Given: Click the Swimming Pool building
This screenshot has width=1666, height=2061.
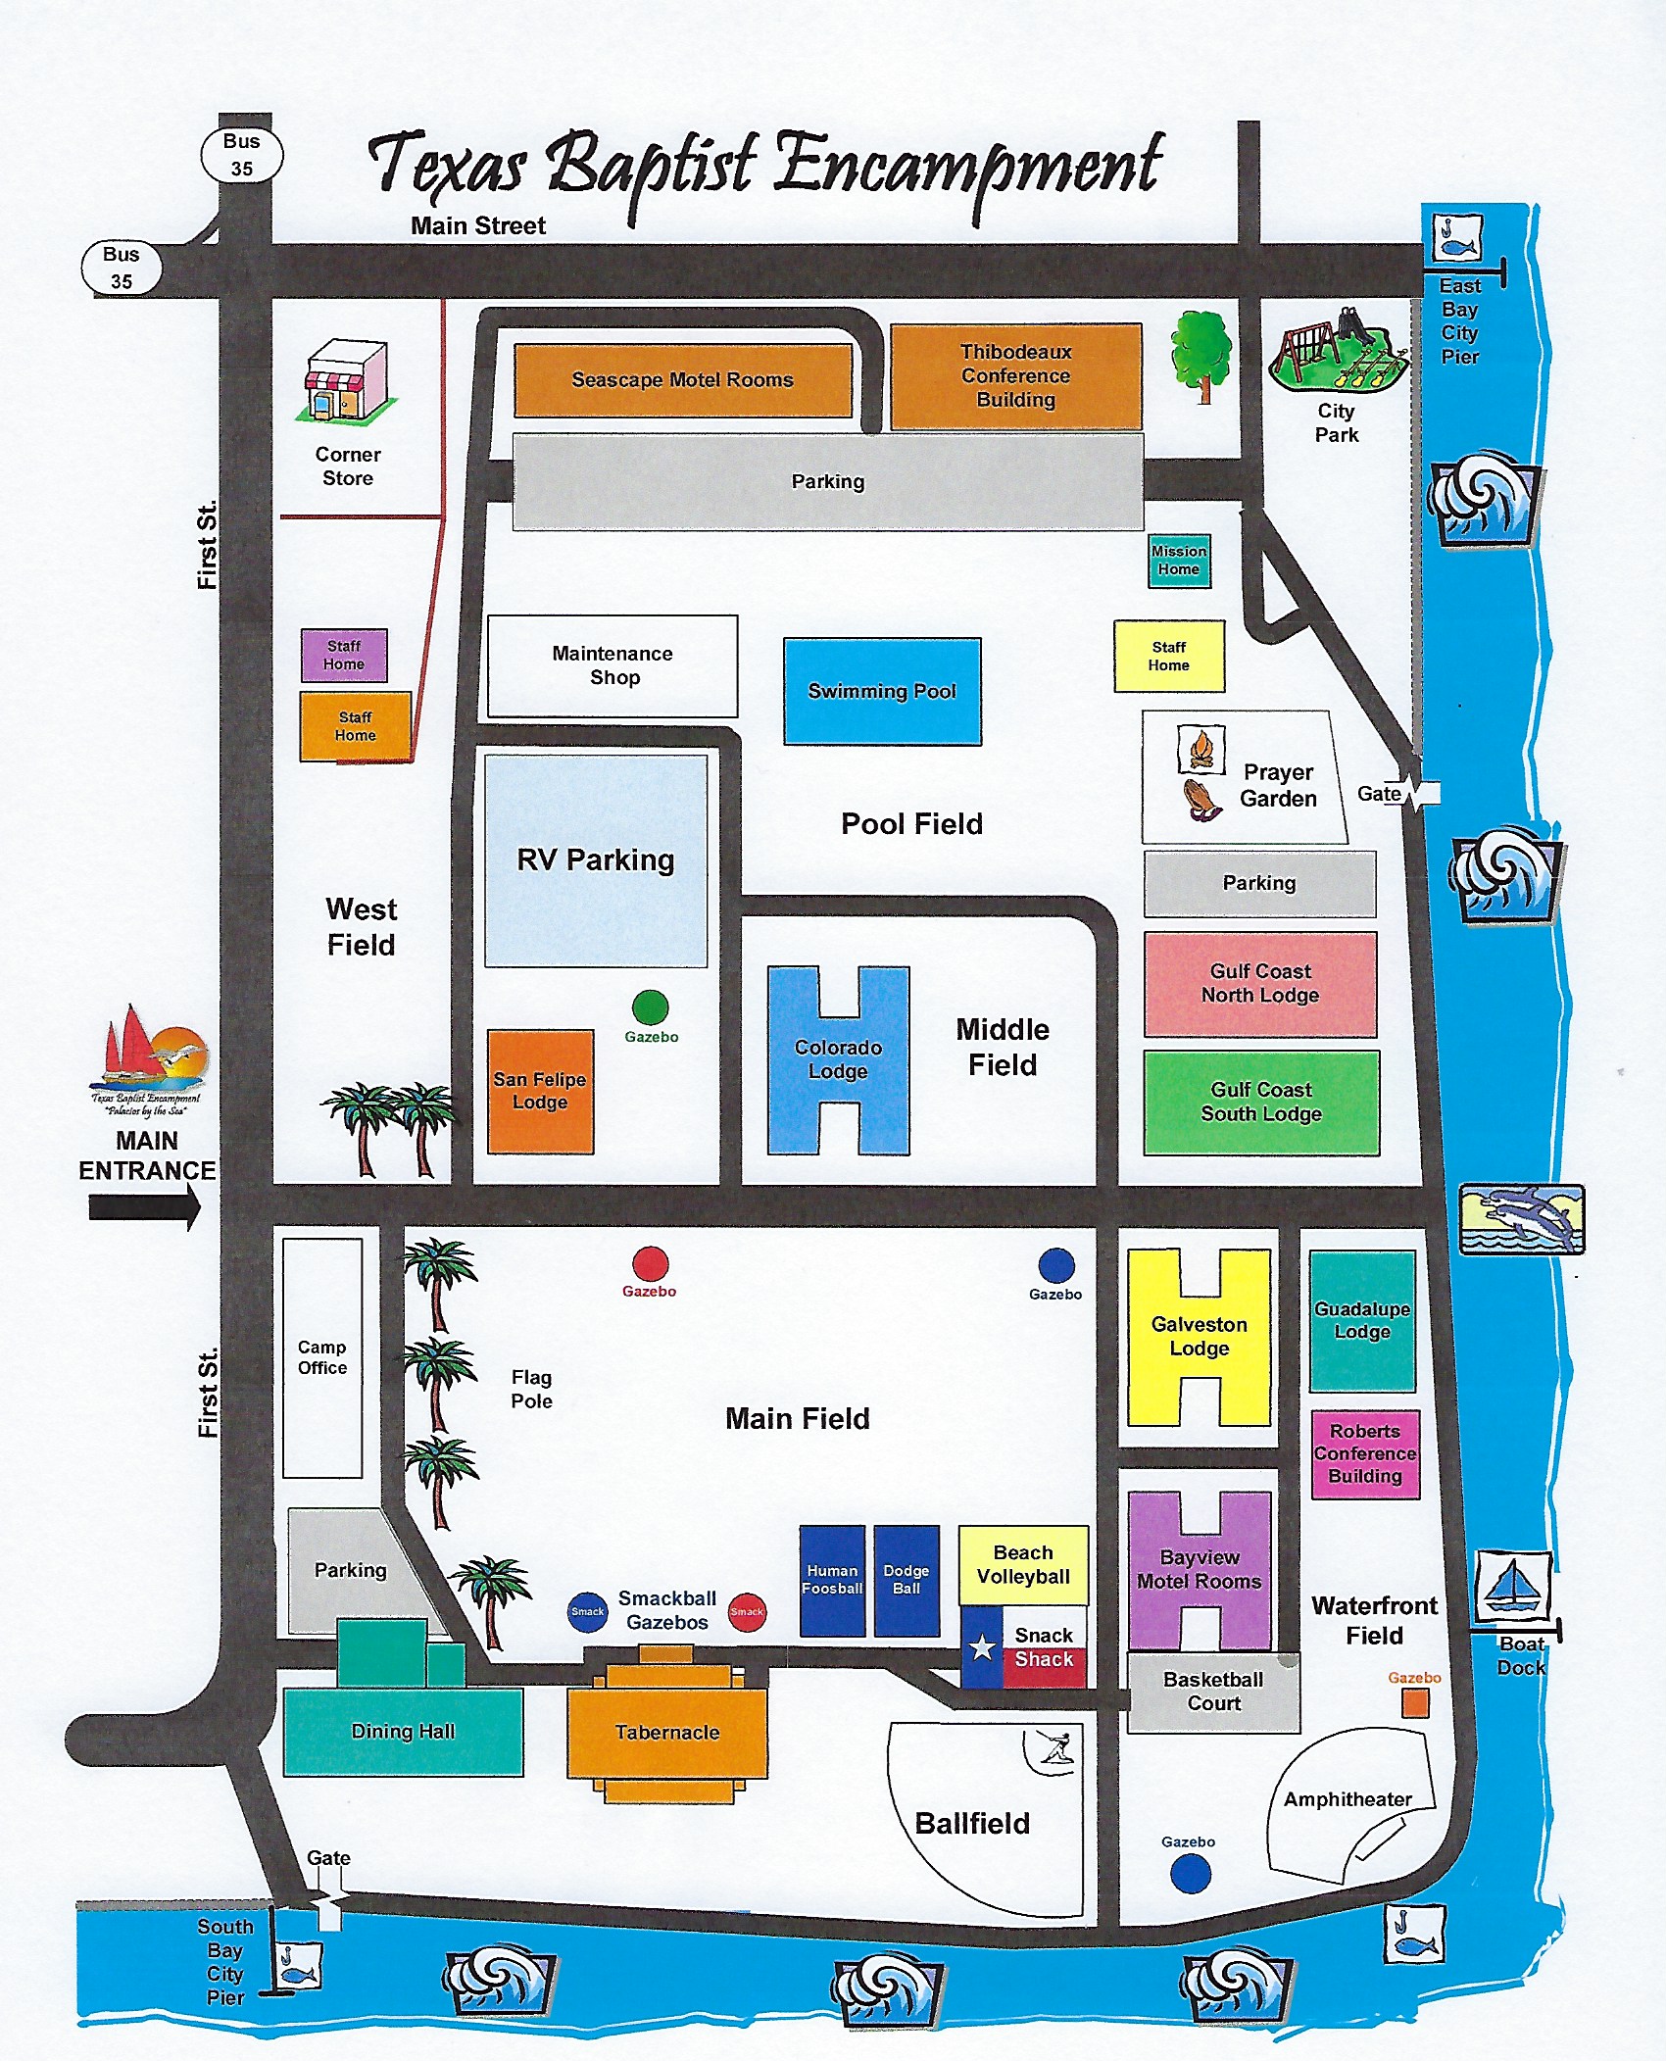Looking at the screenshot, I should point(882,691).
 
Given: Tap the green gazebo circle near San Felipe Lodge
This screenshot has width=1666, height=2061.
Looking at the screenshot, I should point(650,1006).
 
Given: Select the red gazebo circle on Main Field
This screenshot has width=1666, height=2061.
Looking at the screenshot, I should point(650,1264).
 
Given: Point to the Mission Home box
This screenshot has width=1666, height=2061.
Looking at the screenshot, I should point(1179,561).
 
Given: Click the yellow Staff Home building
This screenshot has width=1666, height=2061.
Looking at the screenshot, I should point(1168,657).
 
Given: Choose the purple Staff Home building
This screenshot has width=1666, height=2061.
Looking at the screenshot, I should point(343,655).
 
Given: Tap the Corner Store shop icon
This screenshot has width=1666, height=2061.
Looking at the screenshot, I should point(347,382).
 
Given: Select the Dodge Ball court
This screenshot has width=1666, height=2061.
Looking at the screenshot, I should point(906,1580).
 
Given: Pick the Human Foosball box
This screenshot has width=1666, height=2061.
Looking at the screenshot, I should point(832,1580).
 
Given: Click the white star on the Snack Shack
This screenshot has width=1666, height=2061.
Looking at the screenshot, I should point(982,1647).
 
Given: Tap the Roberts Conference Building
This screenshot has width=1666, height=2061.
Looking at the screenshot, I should point(1365,1454).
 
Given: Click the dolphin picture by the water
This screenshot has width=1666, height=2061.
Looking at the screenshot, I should point(1521,1218).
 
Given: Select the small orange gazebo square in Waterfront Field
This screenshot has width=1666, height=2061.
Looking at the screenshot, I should point(1414,1704).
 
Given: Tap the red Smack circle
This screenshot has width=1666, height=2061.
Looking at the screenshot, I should point(747,1611).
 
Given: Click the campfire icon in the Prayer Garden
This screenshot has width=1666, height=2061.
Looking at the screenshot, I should point(1200,749).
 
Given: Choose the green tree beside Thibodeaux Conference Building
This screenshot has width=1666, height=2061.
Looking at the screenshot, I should point(1201,355).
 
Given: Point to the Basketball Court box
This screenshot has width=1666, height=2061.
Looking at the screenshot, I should point(1213,1693).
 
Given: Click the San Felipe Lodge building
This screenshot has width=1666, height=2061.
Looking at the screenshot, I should point(540,1091).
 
